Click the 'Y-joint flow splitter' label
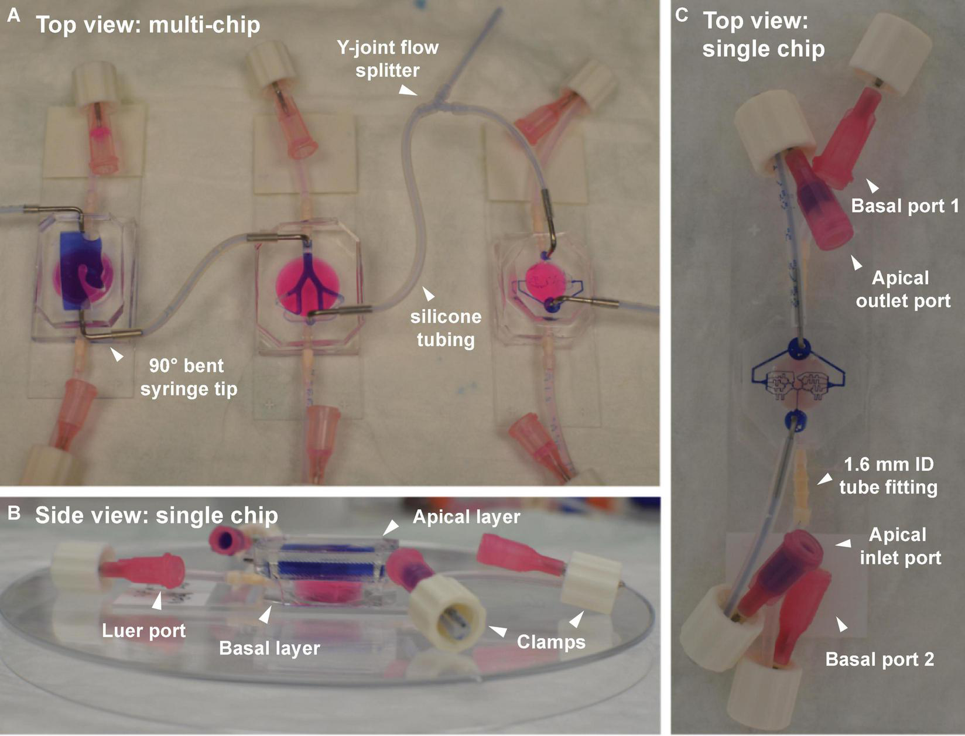click(x=387, y=59)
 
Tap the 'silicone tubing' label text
click(x=446, y=328)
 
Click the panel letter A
click(x=13, y=16)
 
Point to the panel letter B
click(x=13, y=513)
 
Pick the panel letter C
click(x=682, y=15)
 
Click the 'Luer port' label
click(x=143, y=630)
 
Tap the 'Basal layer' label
click(x=269, y=648)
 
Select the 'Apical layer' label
click(x=466, y=516)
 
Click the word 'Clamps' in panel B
click(x=551, y=641)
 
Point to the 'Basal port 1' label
click(x=905, y=206)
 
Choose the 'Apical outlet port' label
click(x=902, y=289)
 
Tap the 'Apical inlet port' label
click(x=900, y=546)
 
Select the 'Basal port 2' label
click(x=880, y=659)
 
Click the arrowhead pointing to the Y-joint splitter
click(x=408, y=90)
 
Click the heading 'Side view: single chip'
click(x=156, y=515)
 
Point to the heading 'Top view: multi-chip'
click(x=148, y=25)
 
